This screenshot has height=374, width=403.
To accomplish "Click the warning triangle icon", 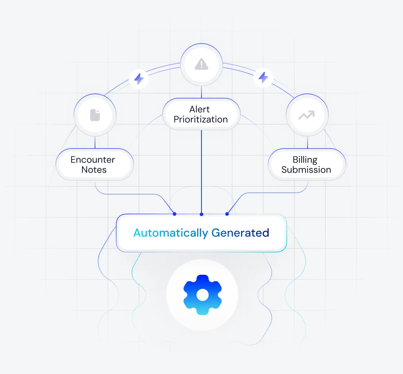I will pos(201,64).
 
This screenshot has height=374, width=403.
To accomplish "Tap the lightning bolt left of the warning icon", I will pos(139,79).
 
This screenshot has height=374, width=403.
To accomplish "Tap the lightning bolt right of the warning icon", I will pos(264,77).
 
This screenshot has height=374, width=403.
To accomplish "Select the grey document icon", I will pos(95,115).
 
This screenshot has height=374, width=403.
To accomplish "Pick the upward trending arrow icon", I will pos(307,115).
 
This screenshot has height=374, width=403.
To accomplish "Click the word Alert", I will pos(199,109).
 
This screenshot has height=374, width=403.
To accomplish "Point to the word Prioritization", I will pos(201,119).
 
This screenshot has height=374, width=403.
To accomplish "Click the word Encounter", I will pos(93,160).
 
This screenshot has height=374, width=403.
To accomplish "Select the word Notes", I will pos(94,170).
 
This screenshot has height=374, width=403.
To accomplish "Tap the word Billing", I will pos(305,160).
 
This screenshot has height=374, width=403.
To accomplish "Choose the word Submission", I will pos(306,170).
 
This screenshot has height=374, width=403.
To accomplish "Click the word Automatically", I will pos(171,233).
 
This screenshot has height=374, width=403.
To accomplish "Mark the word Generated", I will pos(240,233).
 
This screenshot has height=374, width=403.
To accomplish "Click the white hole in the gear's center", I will pos(202,295).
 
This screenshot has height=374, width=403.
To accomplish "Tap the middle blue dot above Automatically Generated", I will pos(201,214).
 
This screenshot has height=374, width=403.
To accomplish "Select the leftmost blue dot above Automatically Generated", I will pos(175,214).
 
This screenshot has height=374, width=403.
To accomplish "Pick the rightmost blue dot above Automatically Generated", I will pos(227,214).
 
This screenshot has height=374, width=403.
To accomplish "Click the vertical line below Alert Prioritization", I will pos(201,169).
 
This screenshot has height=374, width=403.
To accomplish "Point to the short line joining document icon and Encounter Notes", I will pos(95,142).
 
